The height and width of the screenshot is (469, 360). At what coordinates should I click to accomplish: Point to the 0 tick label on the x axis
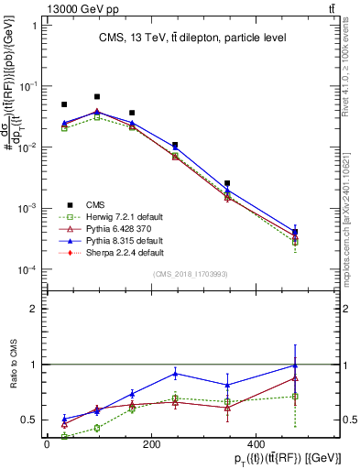coord(47,444)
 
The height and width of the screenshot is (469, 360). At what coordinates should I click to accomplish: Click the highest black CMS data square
coord(98,96)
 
